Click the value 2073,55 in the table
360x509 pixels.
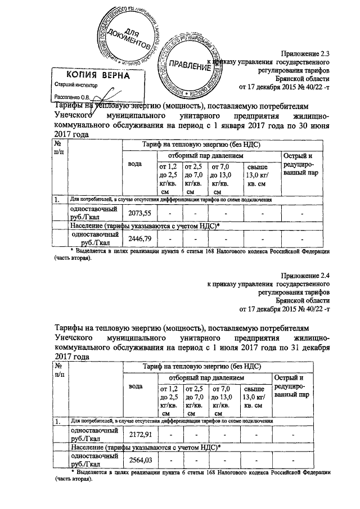click(140, 213)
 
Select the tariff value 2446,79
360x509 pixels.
click(140, 238)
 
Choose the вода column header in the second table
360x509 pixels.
click(135, 386)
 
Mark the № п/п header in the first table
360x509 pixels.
click(58, 148)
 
